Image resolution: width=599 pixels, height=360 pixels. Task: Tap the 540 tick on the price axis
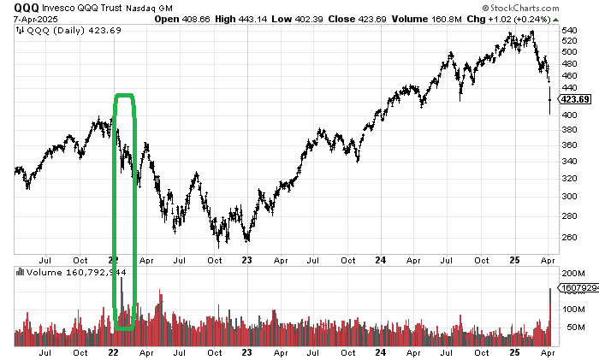570,30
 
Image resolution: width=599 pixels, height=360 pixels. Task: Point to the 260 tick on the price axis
570,238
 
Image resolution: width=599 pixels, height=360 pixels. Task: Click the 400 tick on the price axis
570,115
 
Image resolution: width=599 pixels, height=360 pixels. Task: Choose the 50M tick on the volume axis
573,328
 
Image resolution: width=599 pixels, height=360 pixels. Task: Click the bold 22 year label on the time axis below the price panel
114,259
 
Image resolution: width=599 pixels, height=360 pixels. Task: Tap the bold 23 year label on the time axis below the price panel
246,259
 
